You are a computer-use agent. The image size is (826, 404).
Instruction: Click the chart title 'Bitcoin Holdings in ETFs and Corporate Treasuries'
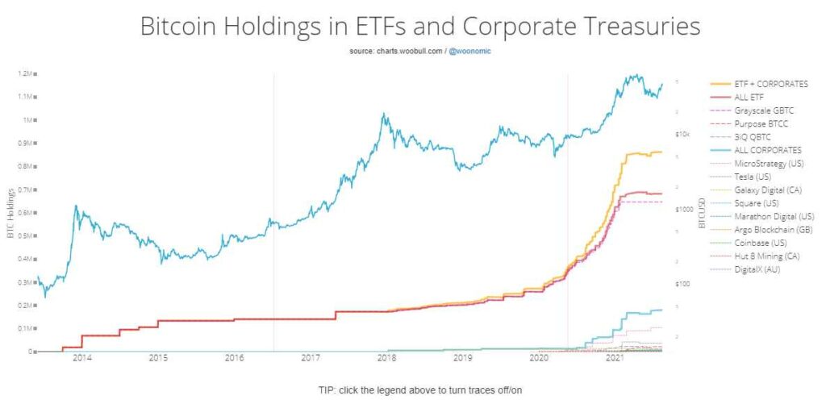[x=420, y=26]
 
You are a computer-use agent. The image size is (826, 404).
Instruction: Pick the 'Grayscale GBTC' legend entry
[x=763, y=110]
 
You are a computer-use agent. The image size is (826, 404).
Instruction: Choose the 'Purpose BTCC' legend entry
[x=761, y=123]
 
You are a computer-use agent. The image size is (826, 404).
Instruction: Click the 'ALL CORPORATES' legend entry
[x=768, y=150]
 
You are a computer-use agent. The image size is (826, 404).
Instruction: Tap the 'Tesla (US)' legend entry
[x=754, y=176]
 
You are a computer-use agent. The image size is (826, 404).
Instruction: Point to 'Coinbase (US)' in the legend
[x=761, y=243]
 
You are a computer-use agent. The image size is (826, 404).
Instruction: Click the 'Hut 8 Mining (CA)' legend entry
[x=767, y=256]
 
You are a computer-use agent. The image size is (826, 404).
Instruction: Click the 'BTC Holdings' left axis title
[x=10, y=214]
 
